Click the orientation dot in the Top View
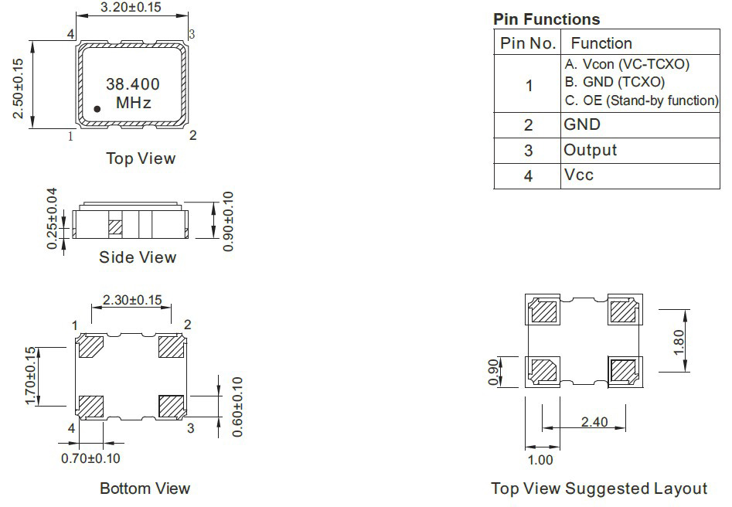97,109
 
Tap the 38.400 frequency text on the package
133,84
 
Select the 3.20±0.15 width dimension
131,7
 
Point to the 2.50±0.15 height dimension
18,88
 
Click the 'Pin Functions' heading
546,19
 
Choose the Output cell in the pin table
590,150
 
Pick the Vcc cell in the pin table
578,175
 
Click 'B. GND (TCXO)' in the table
615,82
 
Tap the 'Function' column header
601,43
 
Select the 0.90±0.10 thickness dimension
228,221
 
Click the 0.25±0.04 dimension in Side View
52,219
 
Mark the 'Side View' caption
138,257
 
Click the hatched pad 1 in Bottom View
91,346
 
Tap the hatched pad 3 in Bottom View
171,407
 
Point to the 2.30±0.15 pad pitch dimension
132,300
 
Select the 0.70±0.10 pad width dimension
90,458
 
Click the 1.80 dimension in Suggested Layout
679,342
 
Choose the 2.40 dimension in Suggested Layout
594,422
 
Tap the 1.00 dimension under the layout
540,460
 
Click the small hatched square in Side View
115,227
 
